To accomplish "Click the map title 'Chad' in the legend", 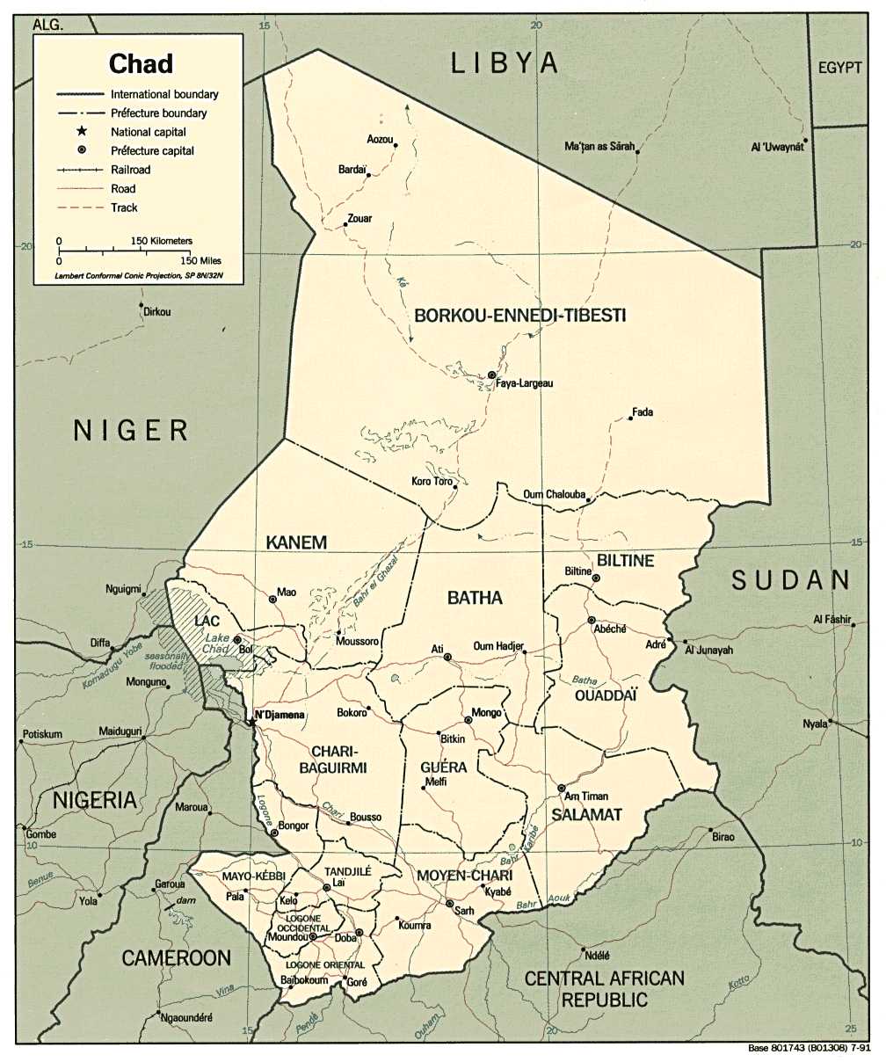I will coord(141,63).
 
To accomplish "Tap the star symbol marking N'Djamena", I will coord(251,721).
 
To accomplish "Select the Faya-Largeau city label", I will coord(525,383).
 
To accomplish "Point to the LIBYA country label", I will coord(505,62).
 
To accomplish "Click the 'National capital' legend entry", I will coord(149,132).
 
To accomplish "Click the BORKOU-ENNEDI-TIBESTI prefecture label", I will coord(520,315).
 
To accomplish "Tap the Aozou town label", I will coord(380,140).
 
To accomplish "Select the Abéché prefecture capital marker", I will coord(592,620).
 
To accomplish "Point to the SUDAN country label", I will coord(791,579).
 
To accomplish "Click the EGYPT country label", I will coord(841,69).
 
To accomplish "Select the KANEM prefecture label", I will coord(296,542).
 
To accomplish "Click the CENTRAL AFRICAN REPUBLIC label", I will coord(604,987).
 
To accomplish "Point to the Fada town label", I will coord(643,411).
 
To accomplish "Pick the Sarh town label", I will coord(463,911).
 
